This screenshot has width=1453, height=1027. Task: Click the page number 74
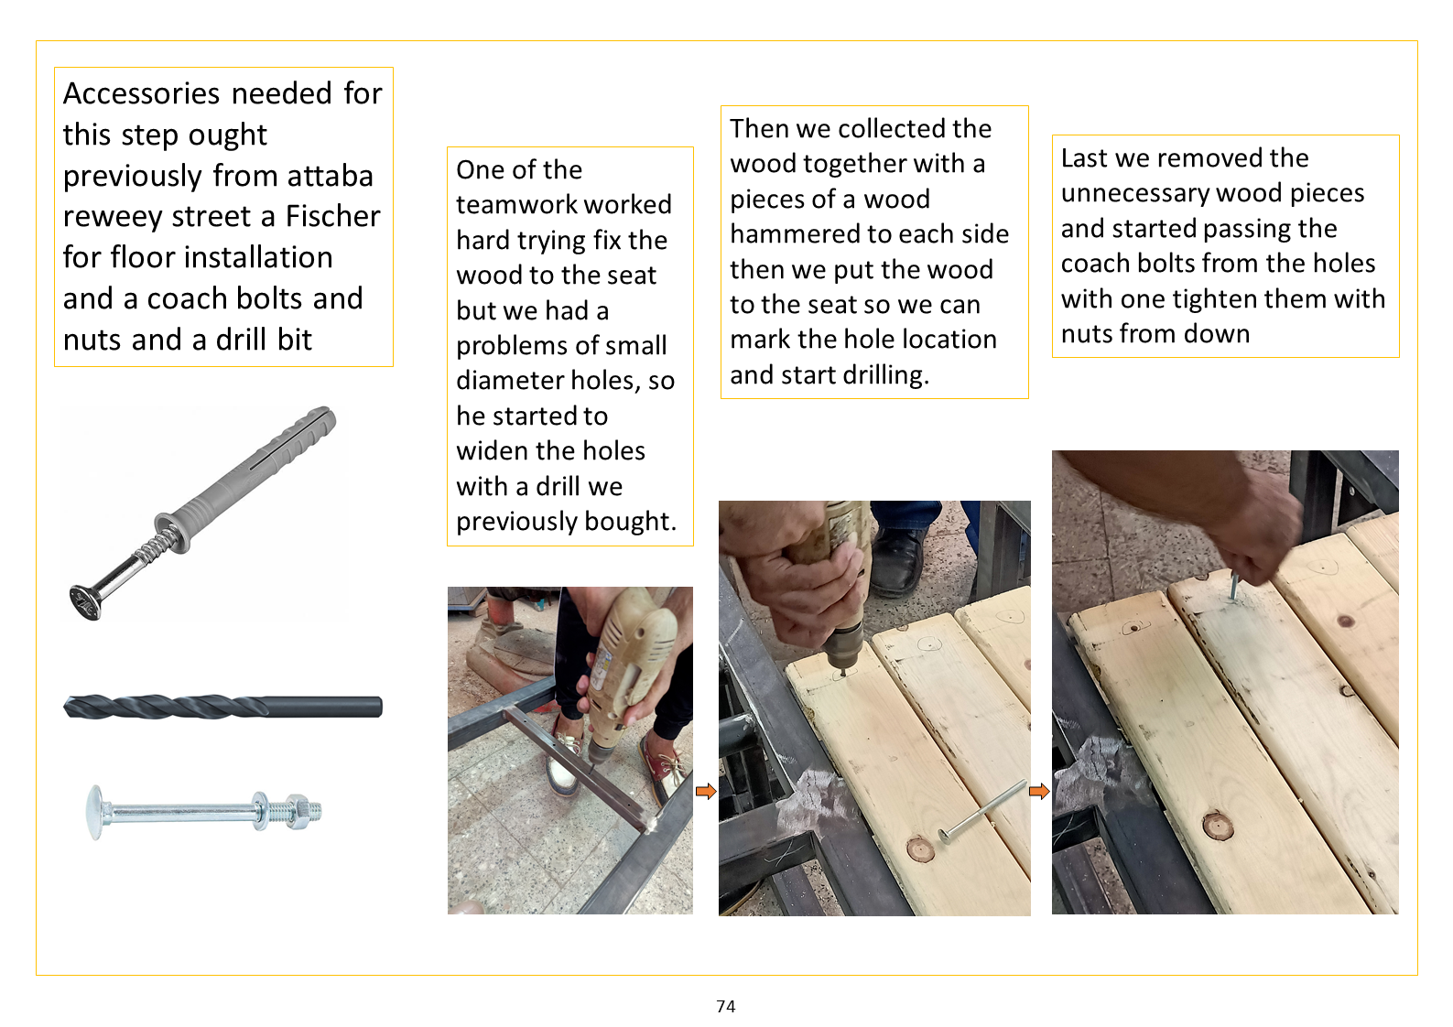tap(726, 1006)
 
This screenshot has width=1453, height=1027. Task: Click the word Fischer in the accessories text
tap(332, 217)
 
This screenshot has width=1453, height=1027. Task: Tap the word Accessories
tap(141, 93)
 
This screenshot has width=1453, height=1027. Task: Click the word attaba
tap(331, 176)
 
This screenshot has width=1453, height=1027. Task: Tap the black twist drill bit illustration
tap(223, 706)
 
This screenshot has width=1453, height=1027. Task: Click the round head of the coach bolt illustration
tap(94, 813)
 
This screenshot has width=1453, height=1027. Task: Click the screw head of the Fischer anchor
tap(86, 602)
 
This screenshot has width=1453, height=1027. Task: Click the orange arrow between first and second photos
tap(706, 791)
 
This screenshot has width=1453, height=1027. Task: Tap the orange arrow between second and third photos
tap(1039, 791)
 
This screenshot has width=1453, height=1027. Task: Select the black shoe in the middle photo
tap(897, 562)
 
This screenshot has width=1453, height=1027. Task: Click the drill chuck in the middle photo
tap(844, 642)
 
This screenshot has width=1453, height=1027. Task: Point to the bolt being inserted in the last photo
tap(1232, 585)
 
